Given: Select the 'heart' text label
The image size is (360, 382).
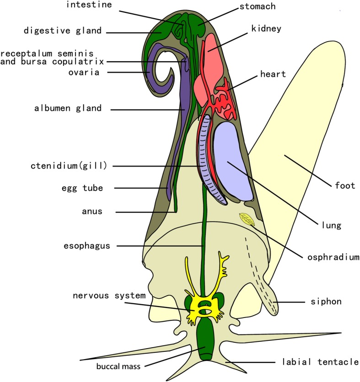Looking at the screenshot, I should point(273,74).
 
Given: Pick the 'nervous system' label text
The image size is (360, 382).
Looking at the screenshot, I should point(109,295).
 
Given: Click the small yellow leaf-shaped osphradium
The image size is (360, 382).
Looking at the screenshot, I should point(247,220).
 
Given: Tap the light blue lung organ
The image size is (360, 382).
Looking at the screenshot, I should point(233,160).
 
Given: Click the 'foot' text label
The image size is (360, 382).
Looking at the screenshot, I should point(345,186).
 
